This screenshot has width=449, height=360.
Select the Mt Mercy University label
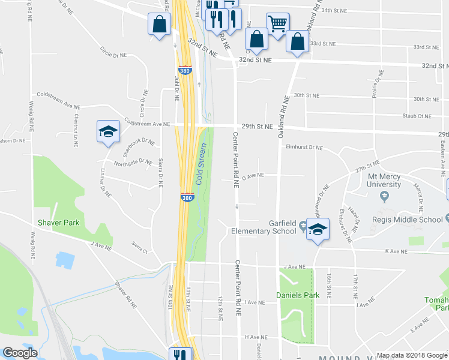pyautogui.click(x=393, y=181)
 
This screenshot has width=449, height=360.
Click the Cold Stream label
pyautogui.click(x=202, y=164)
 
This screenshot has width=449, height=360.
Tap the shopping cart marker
pyautogui.click(x=277, y=25)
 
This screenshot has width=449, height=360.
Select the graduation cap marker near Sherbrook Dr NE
pyautogui.click(x=108, y=131)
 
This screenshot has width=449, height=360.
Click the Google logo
pyautogui.click(x=20, y=352)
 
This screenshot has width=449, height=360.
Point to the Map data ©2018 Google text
pyautogui.click(x=411, y=355)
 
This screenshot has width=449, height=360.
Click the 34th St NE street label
pyautogui.click(x=335, y=10)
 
